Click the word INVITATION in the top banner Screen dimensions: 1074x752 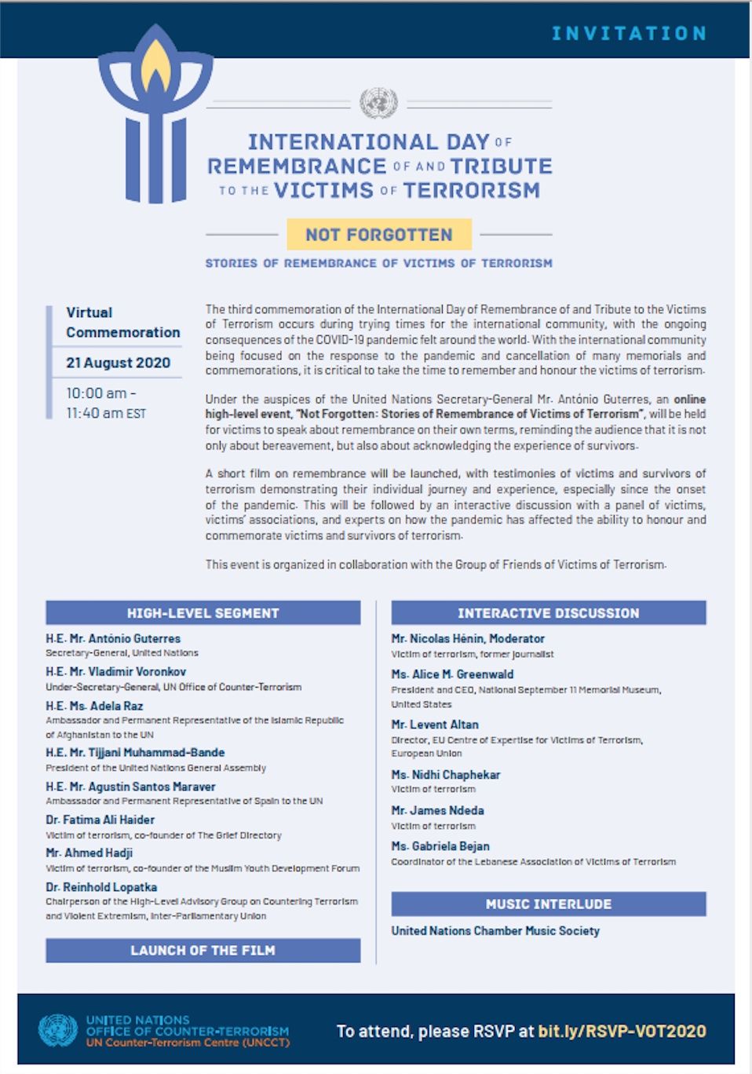pyautogui.click(x=629, y=33)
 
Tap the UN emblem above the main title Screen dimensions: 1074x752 pyautogui.click(x=378, y=103)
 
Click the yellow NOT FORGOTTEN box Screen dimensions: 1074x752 pyautogui.click(x=379, y=234)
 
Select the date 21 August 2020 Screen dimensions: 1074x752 pyautogui.click(x=118, y=363)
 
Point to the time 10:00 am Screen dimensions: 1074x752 pyautogui.click(x=97, y=393)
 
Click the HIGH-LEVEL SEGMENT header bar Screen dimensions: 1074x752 pyautogui.click(x=203, y=613)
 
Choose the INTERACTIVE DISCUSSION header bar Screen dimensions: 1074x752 pyautogui.click(x=549, y=613)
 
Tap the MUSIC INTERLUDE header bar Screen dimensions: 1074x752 pyautogui.click(x=549, y=904)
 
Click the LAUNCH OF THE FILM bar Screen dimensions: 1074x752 pyautogui.click(x=203, y=951)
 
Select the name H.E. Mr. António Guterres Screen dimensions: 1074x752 pyautogui.click(x=113, y=639)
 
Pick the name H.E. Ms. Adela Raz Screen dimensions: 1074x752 pyautogui.click(x=94, y=706)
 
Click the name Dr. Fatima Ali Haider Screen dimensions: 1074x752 pyautogui.click(x=100, y=820)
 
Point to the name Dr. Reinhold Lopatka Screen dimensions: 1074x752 pyautogui.click(x=101, y=887)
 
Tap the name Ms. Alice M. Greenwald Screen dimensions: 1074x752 pyautogui.click(x=452, y=674)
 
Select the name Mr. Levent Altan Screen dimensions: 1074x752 pyautogui.click(x=435, y=725)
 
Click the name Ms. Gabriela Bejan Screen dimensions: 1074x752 pyautogui.click(x=440, y=846)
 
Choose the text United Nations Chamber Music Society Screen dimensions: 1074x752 pyautogui.click(x=495, y=931)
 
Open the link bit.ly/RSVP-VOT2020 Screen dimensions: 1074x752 pyautogui.click(x=622, y=1032)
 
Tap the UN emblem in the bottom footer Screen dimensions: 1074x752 pyautogui.click(x=58, y=1031)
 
